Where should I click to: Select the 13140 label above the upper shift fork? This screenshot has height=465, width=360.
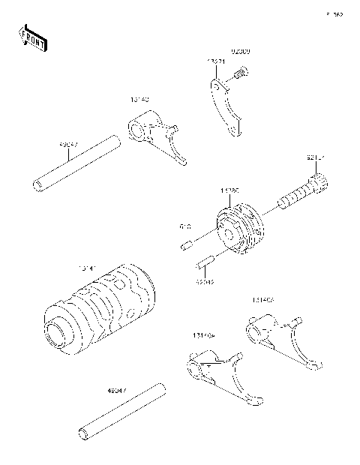[140, 98]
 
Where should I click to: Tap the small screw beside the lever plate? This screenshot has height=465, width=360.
[240, 73]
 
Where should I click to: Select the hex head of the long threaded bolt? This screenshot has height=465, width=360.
[318, 182]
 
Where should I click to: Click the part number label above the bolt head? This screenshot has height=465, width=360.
[316, 157]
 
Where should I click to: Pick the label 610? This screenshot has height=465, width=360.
[185, 226]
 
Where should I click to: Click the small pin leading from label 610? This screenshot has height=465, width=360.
[187, 243]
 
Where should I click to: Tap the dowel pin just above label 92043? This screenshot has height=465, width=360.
[206, 262]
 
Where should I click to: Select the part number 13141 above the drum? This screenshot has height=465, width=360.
[88, 267]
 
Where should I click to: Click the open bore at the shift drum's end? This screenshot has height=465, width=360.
[57, 330]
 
